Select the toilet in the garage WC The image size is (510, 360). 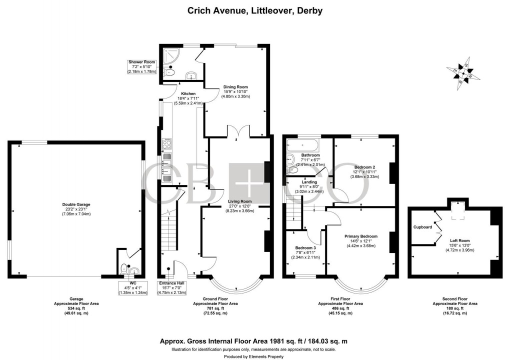124,269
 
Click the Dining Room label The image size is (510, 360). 235,87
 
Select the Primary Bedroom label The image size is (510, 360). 360,236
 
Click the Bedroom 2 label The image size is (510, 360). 364,167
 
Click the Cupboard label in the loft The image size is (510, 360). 422,226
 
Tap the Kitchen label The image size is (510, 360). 188,93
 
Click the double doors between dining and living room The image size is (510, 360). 239,131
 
